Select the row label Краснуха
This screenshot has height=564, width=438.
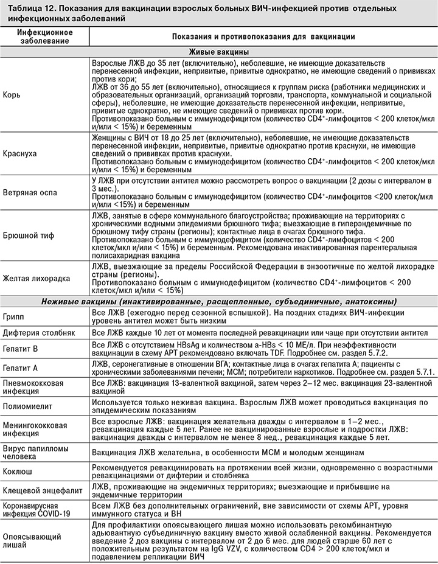20,155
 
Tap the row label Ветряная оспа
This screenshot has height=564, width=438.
30,192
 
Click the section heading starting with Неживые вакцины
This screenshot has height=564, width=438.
218,301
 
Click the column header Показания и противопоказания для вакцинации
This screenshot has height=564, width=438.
263,36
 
